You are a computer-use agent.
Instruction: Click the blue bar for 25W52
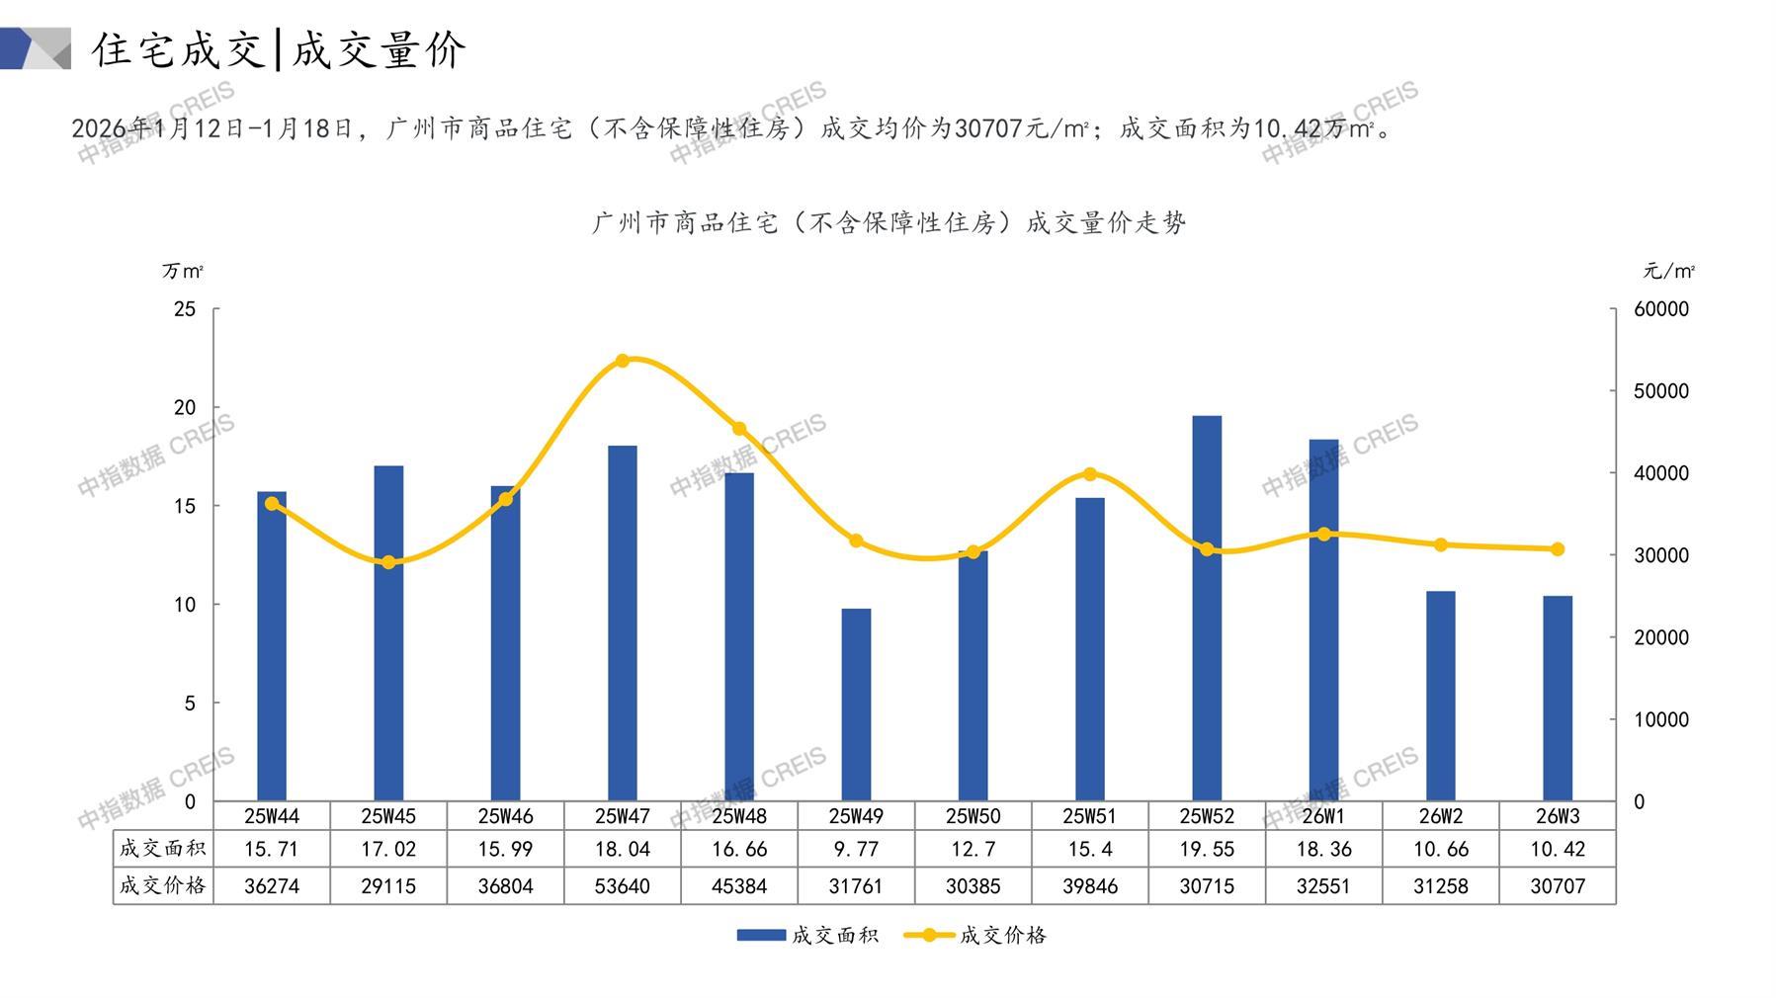1206,608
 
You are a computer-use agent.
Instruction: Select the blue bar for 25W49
856,705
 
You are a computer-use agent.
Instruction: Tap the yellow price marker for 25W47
622,361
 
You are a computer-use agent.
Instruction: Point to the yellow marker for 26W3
1557,549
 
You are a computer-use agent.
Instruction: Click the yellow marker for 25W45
388,562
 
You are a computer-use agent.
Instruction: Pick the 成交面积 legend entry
807,935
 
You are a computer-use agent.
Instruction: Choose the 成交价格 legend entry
975,935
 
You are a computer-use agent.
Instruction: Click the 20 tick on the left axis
185,407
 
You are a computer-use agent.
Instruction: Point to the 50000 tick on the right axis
1660,391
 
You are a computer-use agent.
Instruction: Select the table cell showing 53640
622,886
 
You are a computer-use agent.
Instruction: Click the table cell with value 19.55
1206,849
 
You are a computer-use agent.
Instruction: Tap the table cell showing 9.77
856,849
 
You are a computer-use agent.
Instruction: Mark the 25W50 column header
973,816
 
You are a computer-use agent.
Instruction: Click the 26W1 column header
1322,816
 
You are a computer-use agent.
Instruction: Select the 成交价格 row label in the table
162,885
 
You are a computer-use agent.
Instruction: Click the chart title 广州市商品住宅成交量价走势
888,223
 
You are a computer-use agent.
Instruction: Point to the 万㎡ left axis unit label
183,271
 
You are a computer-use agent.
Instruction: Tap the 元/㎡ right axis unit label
1668,271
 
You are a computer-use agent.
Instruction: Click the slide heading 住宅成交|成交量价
279,49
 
